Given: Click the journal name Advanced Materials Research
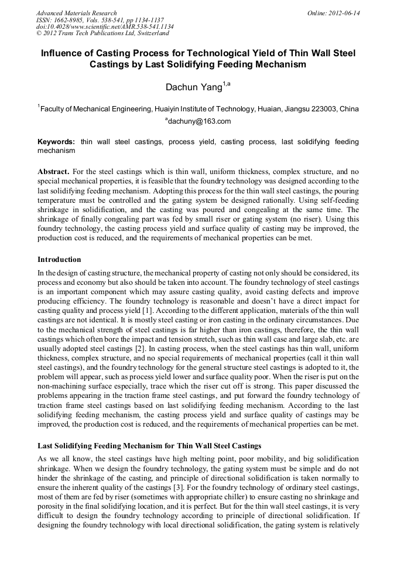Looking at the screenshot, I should (x=76, y=13).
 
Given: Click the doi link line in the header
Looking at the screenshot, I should (x=104, y=27).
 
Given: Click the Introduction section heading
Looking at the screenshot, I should (x=59, y=260).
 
